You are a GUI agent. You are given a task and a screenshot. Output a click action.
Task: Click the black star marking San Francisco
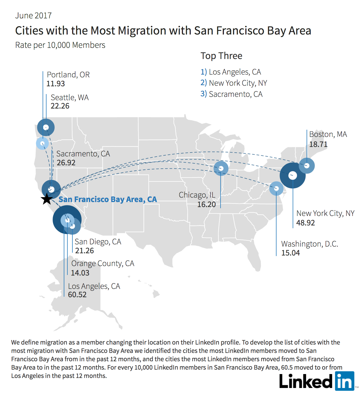[47, 199]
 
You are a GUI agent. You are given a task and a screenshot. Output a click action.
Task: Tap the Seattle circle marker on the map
[46, 127]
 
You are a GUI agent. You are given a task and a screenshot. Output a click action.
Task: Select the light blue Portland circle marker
[42, 143]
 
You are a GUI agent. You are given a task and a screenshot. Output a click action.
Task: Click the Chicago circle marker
[221, 168]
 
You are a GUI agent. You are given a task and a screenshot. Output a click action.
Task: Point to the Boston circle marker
[307, 166]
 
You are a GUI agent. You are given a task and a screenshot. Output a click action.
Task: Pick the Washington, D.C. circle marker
[276, 188]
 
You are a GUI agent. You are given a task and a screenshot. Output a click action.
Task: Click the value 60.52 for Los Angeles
[77, 295]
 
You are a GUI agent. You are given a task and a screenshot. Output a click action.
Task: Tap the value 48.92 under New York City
[305, 223]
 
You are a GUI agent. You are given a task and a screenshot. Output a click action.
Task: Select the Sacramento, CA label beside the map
[83, 154]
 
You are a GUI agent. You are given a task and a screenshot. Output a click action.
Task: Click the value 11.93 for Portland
[56, 83]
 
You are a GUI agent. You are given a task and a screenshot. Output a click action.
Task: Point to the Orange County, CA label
[103, 264]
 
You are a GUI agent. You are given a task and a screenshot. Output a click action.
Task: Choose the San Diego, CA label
[98, 242]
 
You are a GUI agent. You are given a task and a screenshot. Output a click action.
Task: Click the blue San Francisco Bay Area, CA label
[108, 199]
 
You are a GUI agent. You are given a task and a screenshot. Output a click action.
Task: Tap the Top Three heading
[221, 56]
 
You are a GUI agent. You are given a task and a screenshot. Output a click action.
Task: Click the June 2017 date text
[33, 16]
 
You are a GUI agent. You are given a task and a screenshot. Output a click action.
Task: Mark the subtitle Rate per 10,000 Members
[60, 45]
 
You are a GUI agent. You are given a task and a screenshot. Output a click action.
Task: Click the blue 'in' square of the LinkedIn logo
[344, 381]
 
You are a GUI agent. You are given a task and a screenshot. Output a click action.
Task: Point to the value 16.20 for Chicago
[207, 204]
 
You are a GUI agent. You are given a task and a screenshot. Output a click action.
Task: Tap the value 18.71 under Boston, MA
[318, 144]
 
